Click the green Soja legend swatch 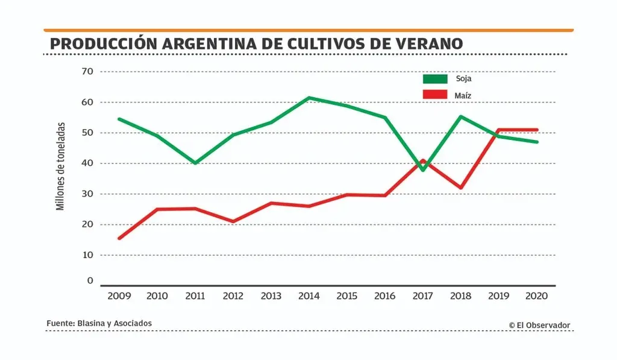[x=435, y=79]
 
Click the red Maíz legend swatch [x=435, y=95]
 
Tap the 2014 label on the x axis [x=308, y=296]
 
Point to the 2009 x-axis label [x=119, y=296]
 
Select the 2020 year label [x=537, y=296]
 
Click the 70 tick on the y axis [x=87, y=71]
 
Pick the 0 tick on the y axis [x=90, y=280]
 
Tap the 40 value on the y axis [x=87, y=163]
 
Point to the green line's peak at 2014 [x=308, y=98]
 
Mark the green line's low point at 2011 [x=195, y=163]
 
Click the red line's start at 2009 [x=119, y=238]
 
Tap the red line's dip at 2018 [x=460, y=188]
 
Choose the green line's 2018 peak [x=460, y=116]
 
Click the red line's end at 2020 [x=536, y=130]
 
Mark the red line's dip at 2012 [x=233, y=221]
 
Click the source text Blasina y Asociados [x=114, y=323]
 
